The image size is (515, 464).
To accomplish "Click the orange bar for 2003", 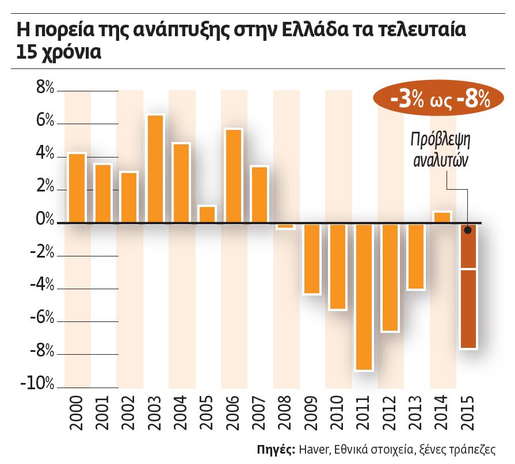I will [x=155, y=168].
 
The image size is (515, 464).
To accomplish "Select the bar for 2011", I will [x=364, y=296].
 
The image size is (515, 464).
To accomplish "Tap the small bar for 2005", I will [x=207, y=214].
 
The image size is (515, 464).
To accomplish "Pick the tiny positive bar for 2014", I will [x=442, y=217].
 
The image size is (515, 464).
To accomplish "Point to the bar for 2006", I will [x=233, y=175].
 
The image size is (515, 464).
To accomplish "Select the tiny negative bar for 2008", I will [x=285, y=226].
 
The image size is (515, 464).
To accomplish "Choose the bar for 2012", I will [x=390, y=277].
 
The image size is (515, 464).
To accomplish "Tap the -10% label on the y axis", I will [x=37, y=384].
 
